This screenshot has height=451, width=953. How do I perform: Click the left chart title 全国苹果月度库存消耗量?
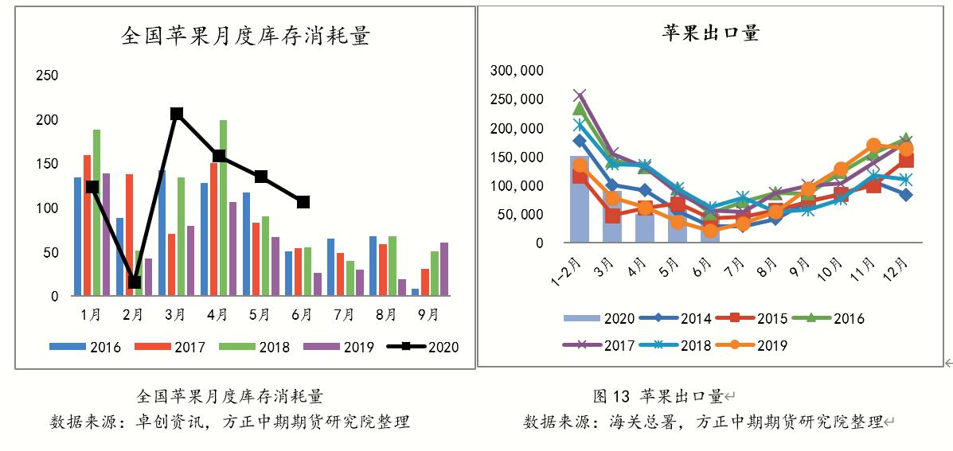pos(245,37)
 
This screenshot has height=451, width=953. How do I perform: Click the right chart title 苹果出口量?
pos(711,33)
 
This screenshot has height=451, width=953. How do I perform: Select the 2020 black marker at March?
pos(177,114)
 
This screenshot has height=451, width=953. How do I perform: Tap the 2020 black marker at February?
pos(134,282)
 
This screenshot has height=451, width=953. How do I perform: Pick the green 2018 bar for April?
pos(223,208)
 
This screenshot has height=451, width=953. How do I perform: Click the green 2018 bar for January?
pos(96,212)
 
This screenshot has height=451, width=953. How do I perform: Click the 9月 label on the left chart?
pos(428,315)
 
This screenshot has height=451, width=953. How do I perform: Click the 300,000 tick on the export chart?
pos(517,71)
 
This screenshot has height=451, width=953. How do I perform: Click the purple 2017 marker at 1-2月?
pos(580,95)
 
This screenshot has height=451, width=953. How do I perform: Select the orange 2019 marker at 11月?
pos(873,146)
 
